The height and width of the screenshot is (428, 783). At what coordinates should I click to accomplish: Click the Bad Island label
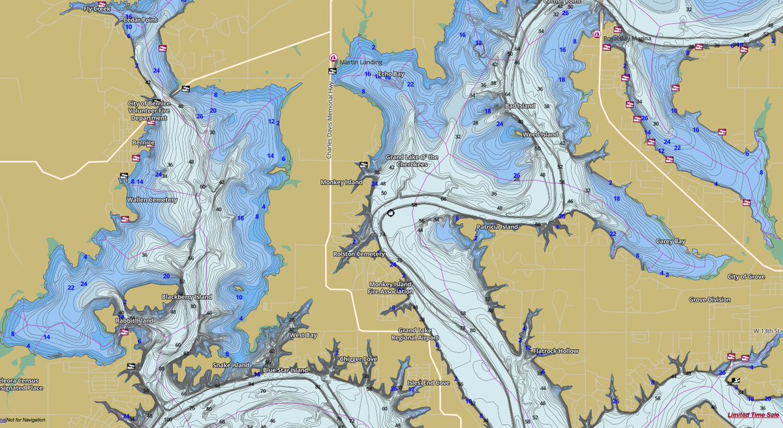point(520,106)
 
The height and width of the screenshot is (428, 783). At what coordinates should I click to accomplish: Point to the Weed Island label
point(540,134)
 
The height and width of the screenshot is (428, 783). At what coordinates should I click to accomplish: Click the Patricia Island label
point(497,227)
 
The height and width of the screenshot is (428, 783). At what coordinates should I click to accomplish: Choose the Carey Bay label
point(671,242)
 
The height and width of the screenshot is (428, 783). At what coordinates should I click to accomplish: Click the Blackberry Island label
point(187,297)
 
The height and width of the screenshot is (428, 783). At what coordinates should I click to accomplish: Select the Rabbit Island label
point(135,321)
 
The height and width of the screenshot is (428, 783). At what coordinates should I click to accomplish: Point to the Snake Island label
point(230,365)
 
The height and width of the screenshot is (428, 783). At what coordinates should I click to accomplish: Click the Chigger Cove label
point(360,359)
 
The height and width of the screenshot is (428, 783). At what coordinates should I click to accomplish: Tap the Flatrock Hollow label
point(555,351)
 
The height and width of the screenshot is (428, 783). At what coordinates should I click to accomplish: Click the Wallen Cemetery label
point(151,200)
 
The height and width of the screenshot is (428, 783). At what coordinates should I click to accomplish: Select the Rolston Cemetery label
point(359,254)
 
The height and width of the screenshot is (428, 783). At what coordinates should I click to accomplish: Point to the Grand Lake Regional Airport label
point(415,334)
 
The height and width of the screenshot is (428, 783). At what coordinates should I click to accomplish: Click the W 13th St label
point(768,331)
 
